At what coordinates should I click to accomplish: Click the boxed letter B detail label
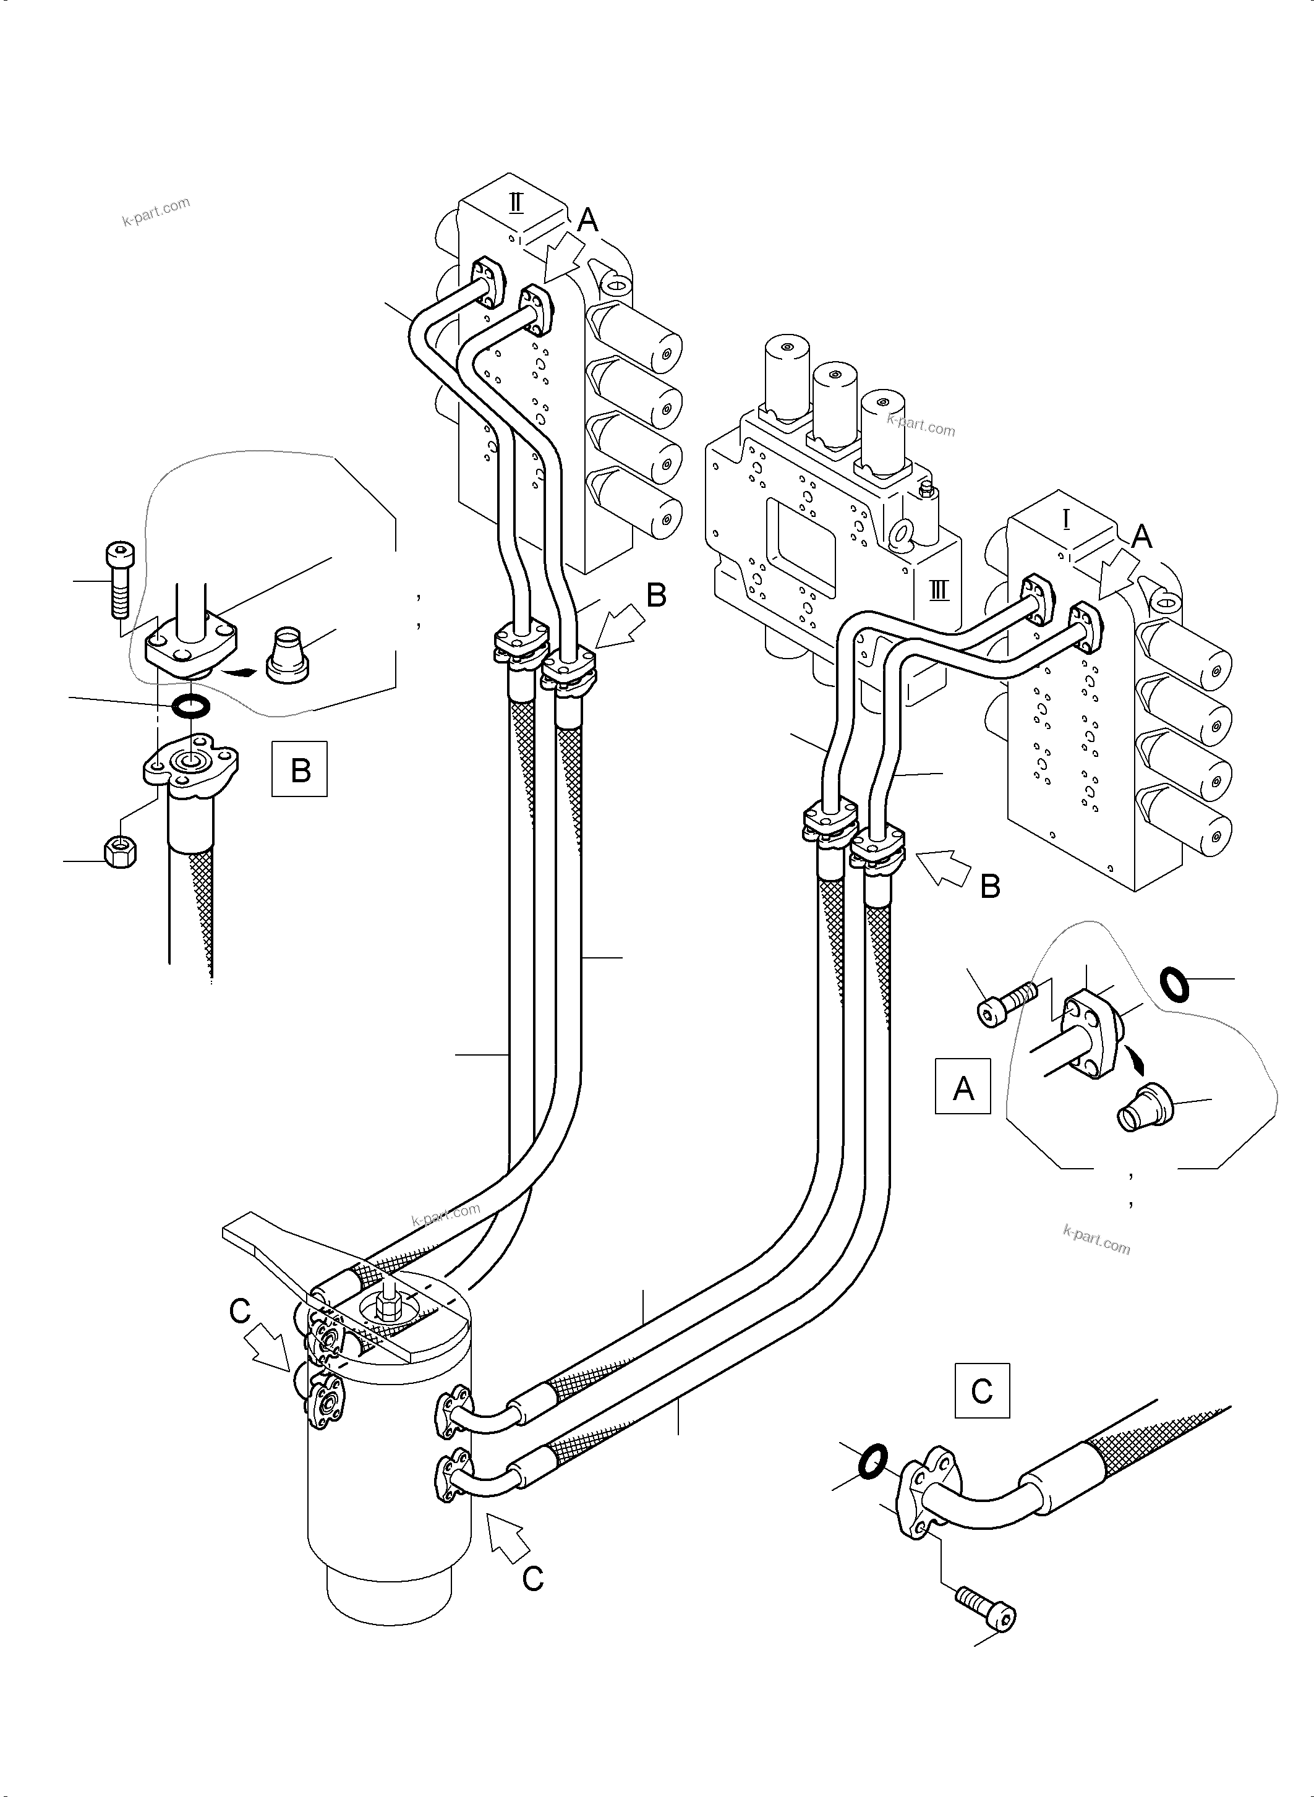[x=300, y=769]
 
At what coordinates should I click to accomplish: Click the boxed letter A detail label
[x=962, y=1086]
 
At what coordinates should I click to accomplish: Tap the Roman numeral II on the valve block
[x=516, y=203]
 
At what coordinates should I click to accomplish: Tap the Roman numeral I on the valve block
[x=1066, y=520]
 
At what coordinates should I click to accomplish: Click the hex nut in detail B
[x=120, y=853]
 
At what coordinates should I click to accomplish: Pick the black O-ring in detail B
[x=191, y=705]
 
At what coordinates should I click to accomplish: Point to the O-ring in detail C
[x=872, y=1461]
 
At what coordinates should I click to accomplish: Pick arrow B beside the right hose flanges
[x=942, y=864]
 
